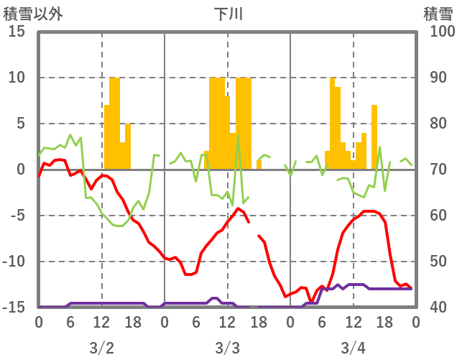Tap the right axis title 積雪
click(438, 14)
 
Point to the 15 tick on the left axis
click(17, 32)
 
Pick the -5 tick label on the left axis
click(17, 216)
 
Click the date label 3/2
click(101, 348)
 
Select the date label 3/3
click(227, 348)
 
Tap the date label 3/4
click(353, 348)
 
